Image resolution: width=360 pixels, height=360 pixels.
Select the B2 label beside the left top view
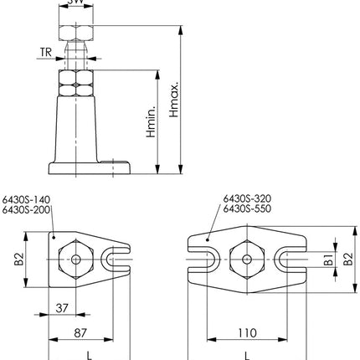[x=18, y=260]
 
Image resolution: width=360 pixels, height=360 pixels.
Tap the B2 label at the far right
[x=348, y=260]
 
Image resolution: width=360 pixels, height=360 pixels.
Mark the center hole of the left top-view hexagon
[x=76, y=260]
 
